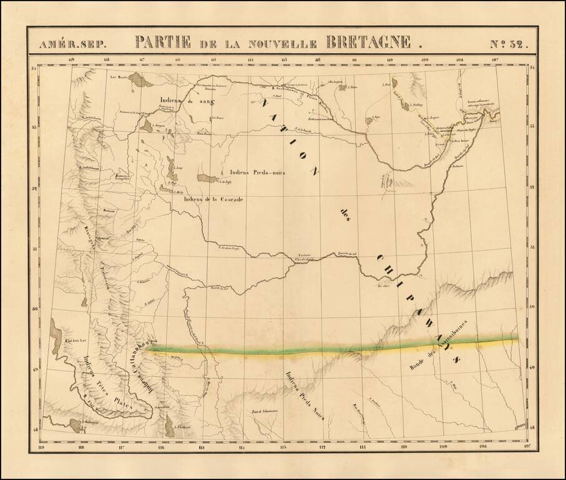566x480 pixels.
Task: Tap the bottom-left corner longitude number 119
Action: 42,446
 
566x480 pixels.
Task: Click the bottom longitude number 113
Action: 283,446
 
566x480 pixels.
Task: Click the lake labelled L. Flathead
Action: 170,429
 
